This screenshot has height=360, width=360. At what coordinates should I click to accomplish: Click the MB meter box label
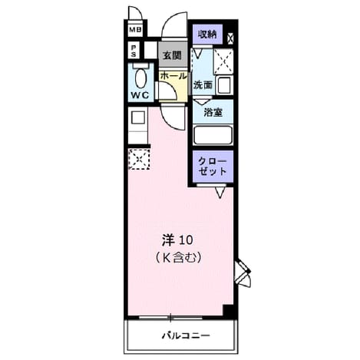[135, 30]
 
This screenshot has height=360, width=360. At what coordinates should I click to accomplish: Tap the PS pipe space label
[134, 51]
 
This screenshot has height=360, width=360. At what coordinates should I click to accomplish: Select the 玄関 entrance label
[172, 55]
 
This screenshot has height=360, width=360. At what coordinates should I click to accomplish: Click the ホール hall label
[173, 76]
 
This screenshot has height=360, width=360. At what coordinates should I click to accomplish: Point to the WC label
[140, 95]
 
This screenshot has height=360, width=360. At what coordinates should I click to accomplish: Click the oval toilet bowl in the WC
[140, 79]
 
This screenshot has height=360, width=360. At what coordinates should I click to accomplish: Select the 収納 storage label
[207, 34]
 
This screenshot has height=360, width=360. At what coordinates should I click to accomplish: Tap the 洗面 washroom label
[203, 84]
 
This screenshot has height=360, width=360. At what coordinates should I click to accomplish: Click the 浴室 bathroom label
[213, 112]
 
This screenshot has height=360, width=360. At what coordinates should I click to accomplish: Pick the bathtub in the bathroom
[213, 135]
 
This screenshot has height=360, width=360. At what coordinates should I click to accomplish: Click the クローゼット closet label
[213, 166]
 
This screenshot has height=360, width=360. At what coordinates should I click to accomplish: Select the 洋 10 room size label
[177, 240]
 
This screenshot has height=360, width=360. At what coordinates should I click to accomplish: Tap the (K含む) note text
[178, 258]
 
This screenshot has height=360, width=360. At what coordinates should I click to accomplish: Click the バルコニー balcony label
[187, 335]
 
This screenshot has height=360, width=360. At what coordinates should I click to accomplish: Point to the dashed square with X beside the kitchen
[139, 159]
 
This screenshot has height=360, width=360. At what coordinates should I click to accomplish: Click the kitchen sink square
[138, 118]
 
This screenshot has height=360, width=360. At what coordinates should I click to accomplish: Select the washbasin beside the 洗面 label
[224, 85]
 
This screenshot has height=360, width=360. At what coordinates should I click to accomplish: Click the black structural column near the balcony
[229, 312]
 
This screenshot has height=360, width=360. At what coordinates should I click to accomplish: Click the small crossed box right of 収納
[230, 38]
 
